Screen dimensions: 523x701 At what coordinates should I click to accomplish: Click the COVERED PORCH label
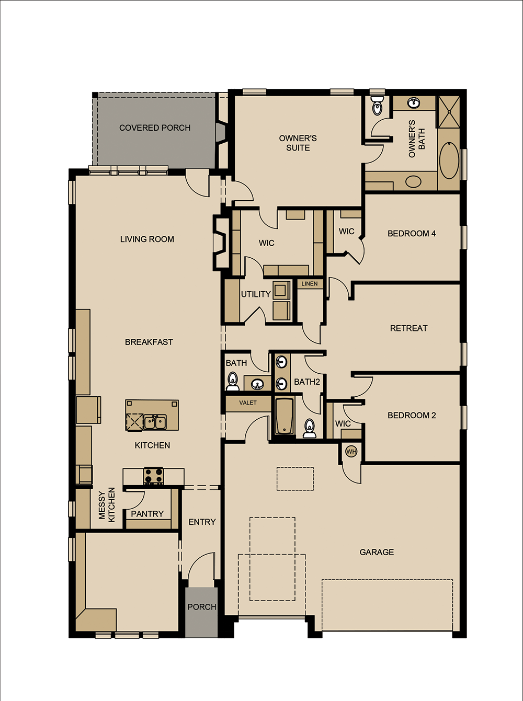coord(155,128)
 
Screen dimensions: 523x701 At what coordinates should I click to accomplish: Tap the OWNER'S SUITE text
coord(298,143)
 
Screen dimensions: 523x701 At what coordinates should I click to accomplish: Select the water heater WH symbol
coord(351,452)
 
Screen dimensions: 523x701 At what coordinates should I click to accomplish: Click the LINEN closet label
coord(310,284)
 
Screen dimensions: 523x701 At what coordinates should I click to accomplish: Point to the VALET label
coord(248,403)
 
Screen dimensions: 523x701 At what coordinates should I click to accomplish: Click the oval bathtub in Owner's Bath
coord(449,160)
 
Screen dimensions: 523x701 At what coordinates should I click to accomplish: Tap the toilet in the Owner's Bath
coord(377,105)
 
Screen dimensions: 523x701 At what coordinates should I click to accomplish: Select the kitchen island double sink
coord(155,422)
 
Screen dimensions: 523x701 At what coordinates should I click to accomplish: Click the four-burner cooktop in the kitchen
coord(153,476)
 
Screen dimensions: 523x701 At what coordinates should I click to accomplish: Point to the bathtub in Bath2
coord(285,416)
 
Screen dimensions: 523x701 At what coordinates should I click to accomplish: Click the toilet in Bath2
coord(309,429)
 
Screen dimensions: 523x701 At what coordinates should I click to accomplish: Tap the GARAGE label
coord(377,552)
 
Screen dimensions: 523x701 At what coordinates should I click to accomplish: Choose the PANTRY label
coord(147,514)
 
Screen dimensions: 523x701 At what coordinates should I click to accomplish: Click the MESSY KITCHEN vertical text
coord(107,505)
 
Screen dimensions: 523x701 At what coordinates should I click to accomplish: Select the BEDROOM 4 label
coord(412,234)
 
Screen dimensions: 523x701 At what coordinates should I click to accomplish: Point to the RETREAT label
coord(408,328)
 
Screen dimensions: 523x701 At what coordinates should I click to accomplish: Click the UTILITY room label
coord(256,294)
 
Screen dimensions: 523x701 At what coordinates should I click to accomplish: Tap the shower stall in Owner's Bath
coord(449,112)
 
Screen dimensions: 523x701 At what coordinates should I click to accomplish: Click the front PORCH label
coord(202,607)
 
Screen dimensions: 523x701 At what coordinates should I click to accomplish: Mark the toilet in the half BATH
coord(233,381)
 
